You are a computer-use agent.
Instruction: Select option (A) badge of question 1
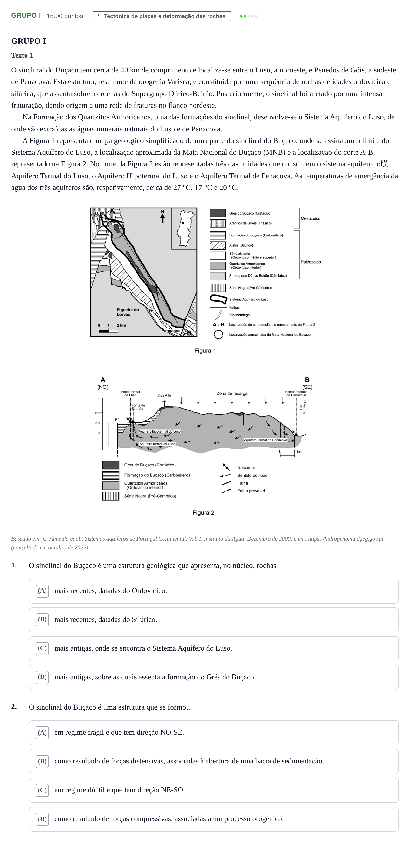click(x=42, y=591)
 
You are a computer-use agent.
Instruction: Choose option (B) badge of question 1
click(x=42, y=620)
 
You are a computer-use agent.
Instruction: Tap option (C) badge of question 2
click(x=42, y=790)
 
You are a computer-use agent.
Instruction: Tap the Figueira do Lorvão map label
click(x=128, y=312)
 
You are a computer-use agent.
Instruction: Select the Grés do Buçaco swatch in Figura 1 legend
click(x=218, y=213)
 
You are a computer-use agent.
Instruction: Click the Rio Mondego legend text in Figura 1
click(x=239, y=315)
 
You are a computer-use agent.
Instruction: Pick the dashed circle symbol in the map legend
click(x=218, y=334)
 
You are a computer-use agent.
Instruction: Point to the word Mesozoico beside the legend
click(x=310, y=219)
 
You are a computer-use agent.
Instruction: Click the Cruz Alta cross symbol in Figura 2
click(x=164, y=402)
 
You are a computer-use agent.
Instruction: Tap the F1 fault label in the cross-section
click(x=117, y=420)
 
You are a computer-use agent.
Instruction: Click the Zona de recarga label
click(x=232, y=393)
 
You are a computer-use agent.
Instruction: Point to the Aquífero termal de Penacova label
click(x=265, y=440)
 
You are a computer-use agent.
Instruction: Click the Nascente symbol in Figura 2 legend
click(x=226, y=467)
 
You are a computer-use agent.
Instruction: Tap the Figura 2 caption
click(x=203, y=513)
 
